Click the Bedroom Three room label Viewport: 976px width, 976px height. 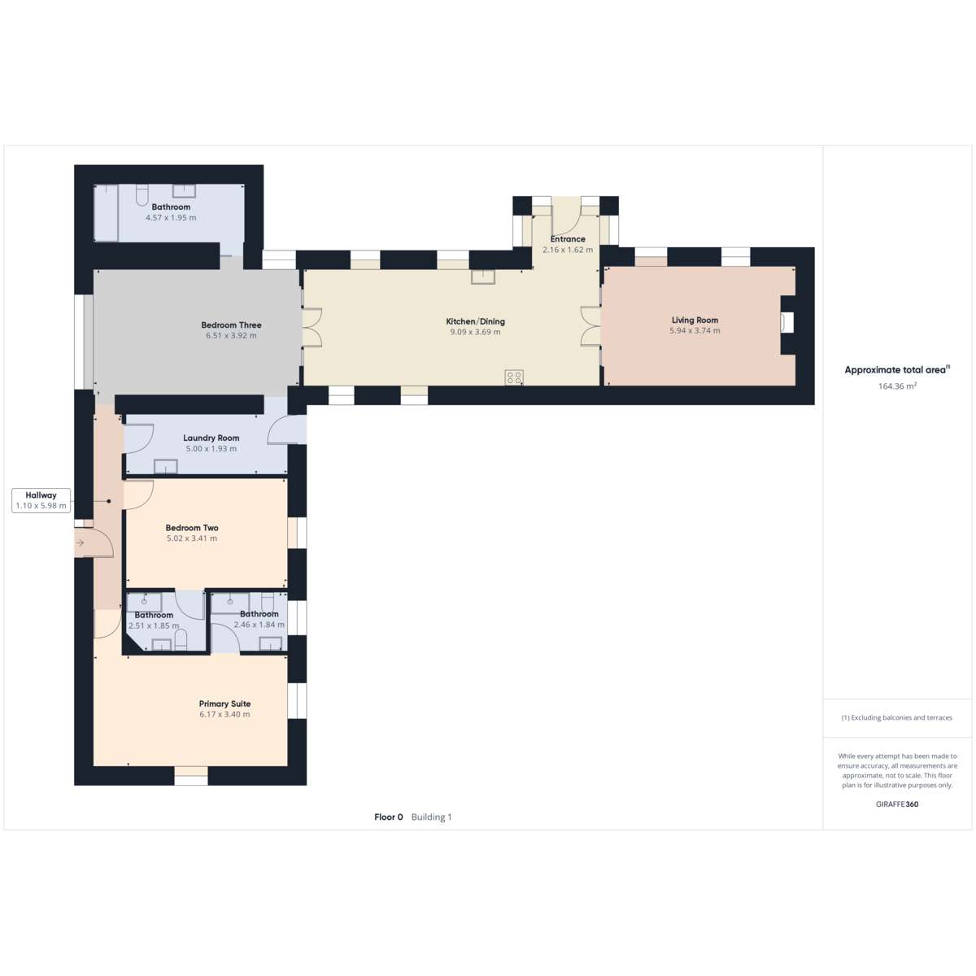tap(231, 325)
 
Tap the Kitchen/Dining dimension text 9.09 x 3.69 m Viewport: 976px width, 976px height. tap(475, 333)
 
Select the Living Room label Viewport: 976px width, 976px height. tap(695, 320)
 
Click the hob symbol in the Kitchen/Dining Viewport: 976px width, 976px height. tap(513, 377)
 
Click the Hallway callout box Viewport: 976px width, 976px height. tap(41, 500)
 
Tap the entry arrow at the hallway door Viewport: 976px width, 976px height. tap(80, 543)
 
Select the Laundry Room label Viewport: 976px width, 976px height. tap(211, 438)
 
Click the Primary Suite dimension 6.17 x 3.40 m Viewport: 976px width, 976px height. tap(224, 715)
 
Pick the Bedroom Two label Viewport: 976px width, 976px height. tap(192, 528)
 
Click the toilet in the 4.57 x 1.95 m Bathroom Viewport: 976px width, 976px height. tap(142, 194)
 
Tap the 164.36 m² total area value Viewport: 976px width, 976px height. tap(897, 386)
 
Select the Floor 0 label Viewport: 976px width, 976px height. tap(389, 817)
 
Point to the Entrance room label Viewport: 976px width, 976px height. tap(568, 239)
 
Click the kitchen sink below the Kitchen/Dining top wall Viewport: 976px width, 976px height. tap(482, 277)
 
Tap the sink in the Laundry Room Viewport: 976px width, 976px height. tap(165, 466)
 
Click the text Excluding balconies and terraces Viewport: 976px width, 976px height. tap(901, 717)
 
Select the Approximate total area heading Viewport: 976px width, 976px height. tap(895, 370)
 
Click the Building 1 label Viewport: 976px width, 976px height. tap(431, 817)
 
